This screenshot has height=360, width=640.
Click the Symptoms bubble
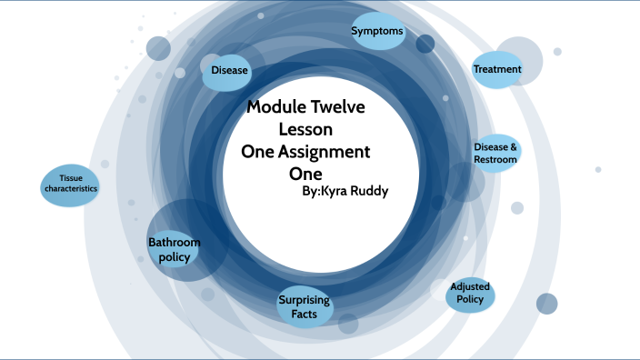click(377, 31)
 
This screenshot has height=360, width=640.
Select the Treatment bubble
click(497, 69)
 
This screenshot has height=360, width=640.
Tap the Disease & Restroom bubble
click(495, 154)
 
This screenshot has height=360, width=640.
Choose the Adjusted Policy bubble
click(470, 293)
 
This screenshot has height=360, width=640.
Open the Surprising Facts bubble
click(304, 307)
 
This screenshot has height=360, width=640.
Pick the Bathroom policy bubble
click(174, 249)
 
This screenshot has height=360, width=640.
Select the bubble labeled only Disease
click(229, 71)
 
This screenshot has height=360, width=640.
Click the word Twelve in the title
click(334, 107)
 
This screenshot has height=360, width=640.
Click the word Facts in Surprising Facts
click(304, 315)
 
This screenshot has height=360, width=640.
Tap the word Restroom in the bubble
click(495, 160)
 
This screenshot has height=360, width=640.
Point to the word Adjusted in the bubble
click(470, 286)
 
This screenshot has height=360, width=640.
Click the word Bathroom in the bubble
click(174, 242)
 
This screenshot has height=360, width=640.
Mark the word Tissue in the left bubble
click(70, 177)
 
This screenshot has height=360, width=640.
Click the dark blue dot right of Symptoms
click(425, 44)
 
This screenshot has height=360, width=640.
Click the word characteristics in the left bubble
click(70, 189)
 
